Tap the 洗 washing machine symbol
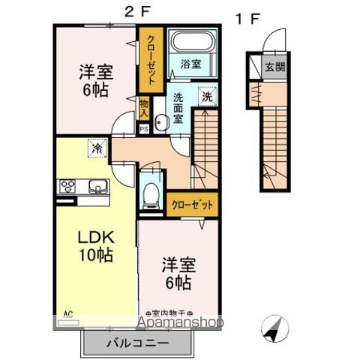point(206,97)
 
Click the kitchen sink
point(97,187)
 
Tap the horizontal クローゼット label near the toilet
point(192,203)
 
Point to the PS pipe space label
point(143,128)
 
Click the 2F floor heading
point(132,10)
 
